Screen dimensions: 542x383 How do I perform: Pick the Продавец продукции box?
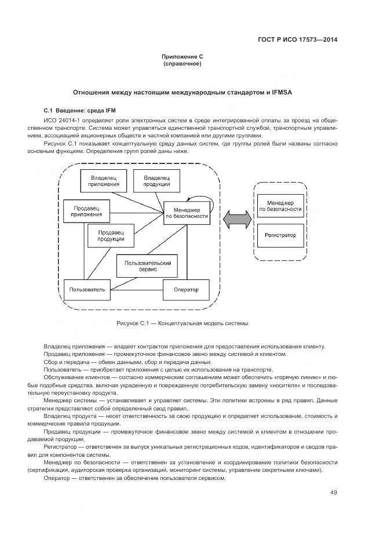click(111, 235)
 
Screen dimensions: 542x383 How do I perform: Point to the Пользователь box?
click(86, 289)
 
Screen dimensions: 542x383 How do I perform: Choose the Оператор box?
click(185, 289)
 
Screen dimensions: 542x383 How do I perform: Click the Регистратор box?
click(280, 235)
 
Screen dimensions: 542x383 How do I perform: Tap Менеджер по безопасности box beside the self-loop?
click(187, 213)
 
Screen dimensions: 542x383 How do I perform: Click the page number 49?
click(333, 492)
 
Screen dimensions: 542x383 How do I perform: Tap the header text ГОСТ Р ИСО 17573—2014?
click(297, 41)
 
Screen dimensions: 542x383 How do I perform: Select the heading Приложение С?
click(183, 57)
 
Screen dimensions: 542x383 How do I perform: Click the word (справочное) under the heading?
click(183, 64)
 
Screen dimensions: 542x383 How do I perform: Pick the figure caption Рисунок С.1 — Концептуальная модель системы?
click(183, 322)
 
